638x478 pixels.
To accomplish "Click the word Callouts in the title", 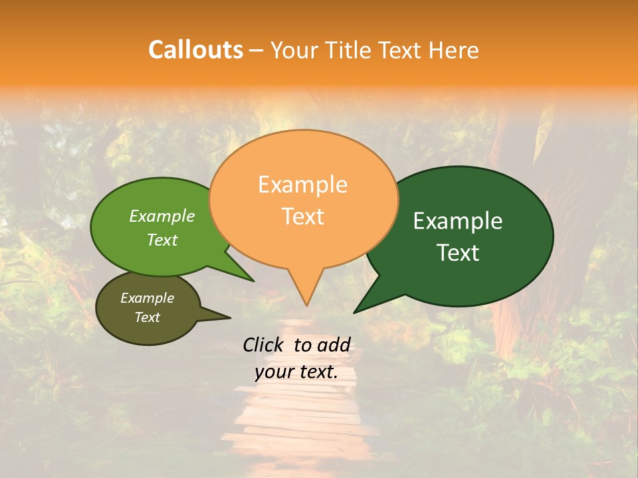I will coord(195,50).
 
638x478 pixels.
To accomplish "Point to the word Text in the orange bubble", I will coord(302,216).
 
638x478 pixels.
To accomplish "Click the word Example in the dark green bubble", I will coord(458,221).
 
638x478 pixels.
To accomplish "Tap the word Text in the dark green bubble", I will coord(458,253).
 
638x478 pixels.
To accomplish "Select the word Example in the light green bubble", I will coord(162,216).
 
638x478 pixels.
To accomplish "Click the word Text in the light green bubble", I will coord(162,240).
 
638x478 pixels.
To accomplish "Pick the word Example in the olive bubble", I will coord(147,298).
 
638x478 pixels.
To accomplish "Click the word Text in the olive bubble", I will coord(147,317).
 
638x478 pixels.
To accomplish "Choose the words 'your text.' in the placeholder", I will coord(296,372).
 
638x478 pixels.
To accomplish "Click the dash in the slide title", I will coord(257,50).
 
